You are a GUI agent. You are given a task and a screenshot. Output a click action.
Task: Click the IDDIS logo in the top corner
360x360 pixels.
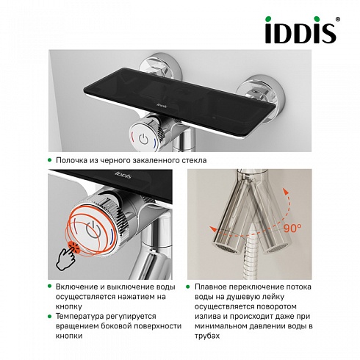point(301,30)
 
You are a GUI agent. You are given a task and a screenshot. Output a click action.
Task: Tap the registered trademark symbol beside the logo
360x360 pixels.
point(337,19)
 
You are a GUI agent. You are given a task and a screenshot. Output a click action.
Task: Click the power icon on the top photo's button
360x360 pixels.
point(143,139)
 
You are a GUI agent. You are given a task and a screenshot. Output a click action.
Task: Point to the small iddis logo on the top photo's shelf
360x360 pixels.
point(162,106)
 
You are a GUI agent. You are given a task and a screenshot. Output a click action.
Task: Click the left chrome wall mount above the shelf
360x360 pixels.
point(159,65)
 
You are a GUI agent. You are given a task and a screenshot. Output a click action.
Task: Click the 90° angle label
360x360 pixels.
point(292,228)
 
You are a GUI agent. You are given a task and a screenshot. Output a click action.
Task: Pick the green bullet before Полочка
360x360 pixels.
point(50,160)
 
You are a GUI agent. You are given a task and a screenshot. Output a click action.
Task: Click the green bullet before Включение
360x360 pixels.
point(50,286)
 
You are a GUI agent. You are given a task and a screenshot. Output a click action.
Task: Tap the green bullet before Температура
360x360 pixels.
point(50,316)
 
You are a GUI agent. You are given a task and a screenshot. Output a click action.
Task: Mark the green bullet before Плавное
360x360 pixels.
point(188,287)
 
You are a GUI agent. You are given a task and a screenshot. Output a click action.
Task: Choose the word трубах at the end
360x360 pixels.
point(207,336)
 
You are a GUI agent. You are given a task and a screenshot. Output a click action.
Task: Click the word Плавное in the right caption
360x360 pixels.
point(211,287)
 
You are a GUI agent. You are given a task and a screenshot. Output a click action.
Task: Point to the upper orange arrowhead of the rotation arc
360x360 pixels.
point(286,191)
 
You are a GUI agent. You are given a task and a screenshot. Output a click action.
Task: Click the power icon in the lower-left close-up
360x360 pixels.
point(93,229)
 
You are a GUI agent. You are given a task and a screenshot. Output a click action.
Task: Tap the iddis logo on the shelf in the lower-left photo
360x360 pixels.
point(123,175)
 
